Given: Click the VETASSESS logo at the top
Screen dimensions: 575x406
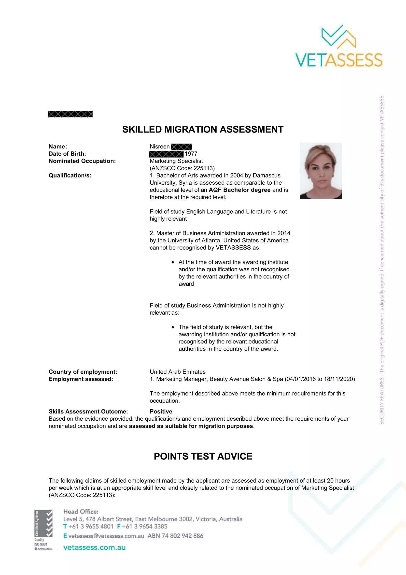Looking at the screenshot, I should [x=339, y=46].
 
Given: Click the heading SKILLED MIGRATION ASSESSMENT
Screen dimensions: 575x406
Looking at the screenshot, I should [x=203, y=130].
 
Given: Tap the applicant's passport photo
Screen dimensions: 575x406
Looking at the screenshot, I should [x=321, y=171].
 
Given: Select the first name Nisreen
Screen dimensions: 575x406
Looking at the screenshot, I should [x=160, y=147].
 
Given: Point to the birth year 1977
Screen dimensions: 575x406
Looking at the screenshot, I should [x=191, y=154].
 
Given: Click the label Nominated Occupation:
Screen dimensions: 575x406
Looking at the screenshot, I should [x=82, y=161].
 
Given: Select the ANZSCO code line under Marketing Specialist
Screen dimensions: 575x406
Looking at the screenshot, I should [x=182, y=168].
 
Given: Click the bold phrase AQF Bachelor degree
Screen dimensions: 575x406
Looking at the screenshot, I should [x=239, y=190].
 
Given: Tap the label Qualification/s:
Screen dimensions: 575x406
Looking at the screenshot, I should [x=70, y=175].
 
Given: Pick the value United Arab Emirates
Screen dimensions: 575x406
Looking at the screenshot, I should [x=178, y=372].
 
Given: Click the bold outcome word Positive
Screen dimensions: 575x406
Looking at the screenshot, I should [x=161, y=412].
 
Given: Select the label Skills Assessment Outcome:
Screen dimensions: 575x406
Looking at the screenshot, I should [x=88, y=412].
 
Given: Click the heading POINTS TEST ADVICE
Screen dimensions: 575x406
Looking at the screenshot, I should [x=203, y=456].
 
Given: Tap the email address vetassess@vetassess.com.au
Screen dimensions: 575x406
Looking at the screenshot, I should [x=106, y=536].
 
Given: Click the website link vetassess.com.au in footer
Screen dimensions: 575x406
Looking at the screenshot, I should [x=94, y=547].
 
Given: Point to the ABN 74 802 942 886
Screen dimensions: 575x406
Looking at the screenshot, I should [x=175, y=536].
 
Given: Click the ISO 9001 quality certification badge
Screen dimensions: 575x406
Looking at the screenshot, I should [x=43, y=530].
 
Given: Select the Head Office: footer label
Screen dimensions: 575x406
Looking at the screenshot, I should [x=81, y=511].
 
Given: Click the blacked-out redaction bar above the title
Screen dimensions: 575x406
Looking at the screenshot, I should [x=70, y=114].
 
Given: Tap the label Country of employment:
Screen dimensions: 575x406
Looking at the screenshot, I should [x=83, y=372].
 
